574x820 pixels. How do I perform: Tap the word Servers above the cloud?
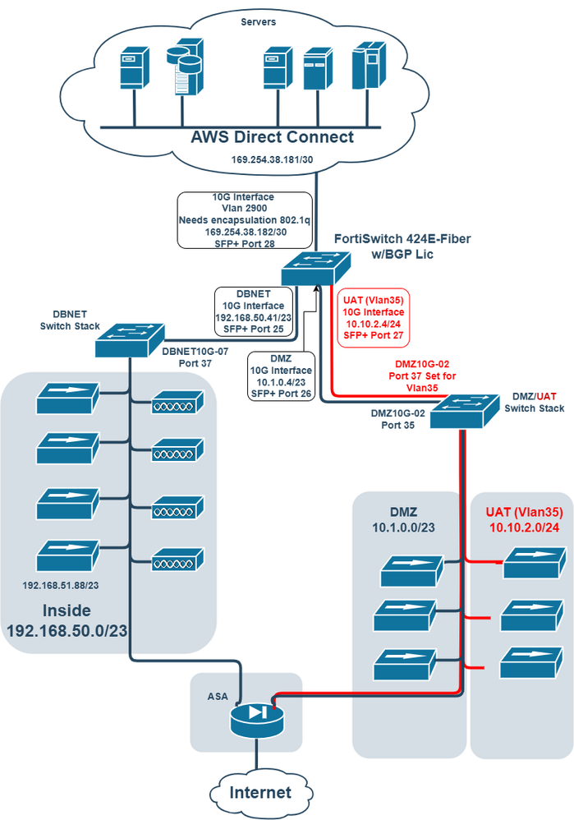[x=257, y=21]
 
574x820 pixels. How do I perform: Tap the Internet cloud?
[x=259, y=792]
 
